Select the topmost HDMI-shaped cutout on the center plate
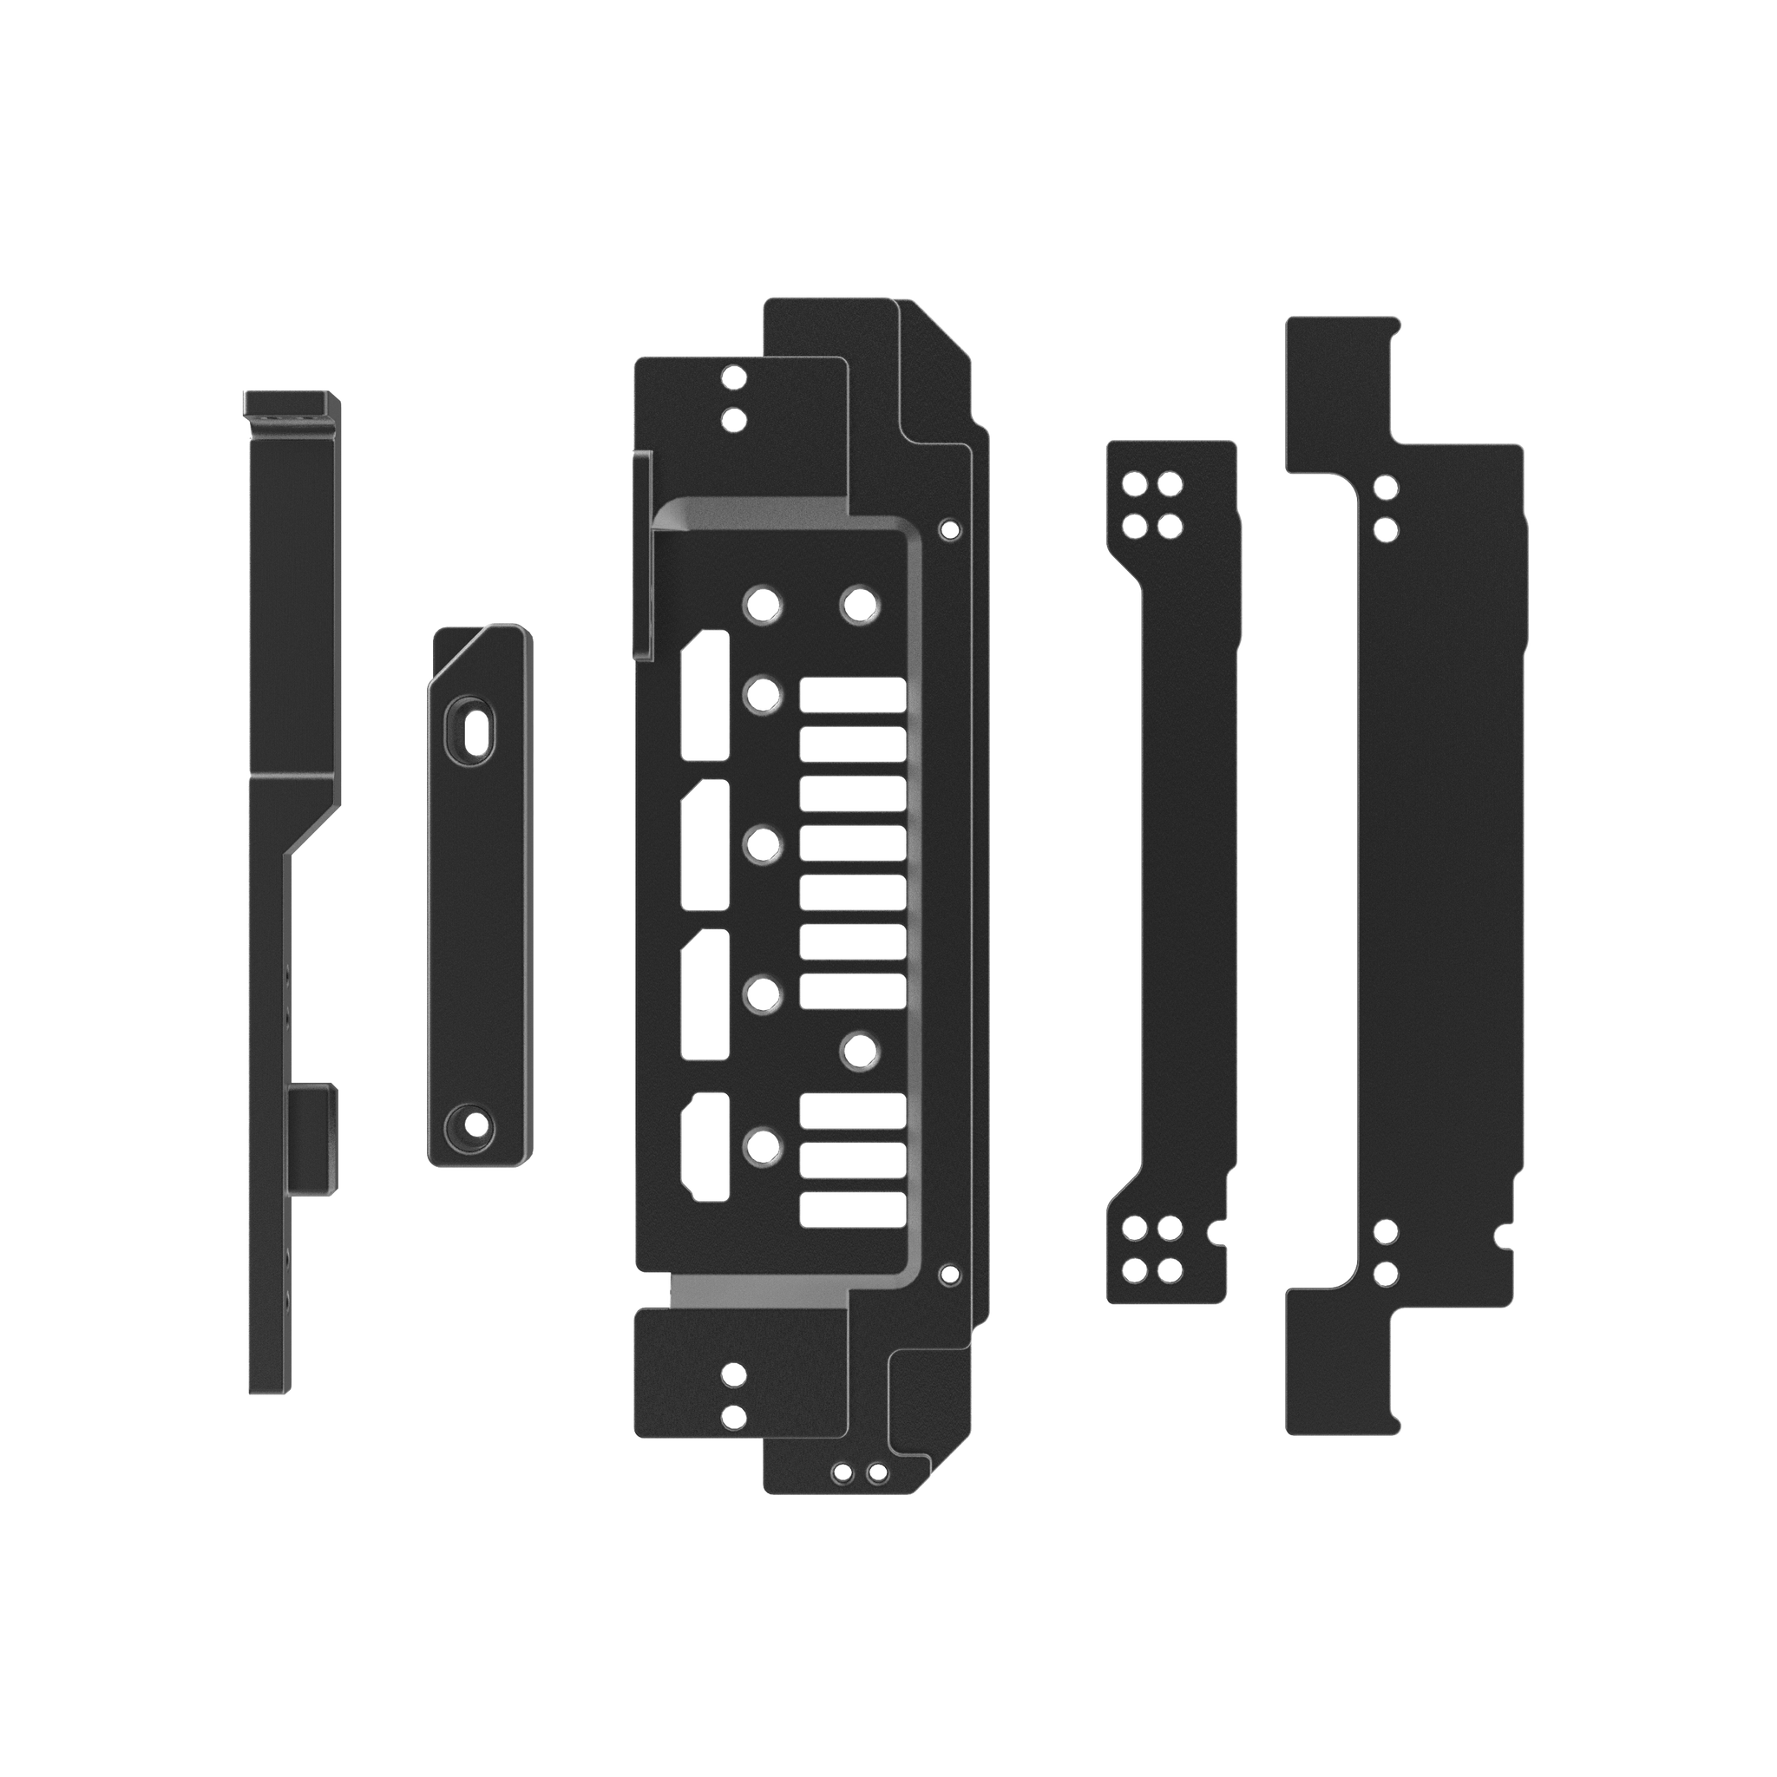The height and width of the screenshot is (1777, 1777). (x=705, y=694)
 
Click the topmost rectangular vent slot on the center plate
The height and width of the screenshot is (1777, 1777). (x=853, y=694)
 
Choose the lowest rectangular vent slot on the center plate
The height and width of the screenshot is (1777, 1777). (x=853, y=1210)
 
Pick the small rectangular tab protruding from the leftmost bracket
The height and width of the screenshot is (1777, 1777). (x=311, y=1138)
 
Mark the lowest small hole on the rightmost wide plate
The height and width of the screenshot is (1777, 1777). (x=1382, y=1273)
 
